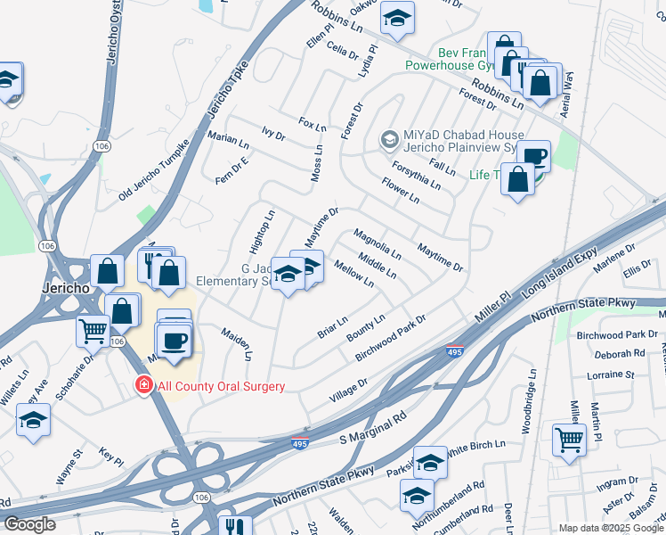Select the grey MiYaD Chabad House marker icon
pos(389,139)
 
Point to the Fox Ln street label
pos(313,125)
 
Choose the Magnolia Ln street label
pos(378,243)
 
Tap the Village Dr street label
pos(349,389)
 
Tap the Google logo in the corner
pos(29,524)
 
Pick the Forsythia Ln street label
pos(417,174)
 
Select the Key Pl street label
pos(110,458)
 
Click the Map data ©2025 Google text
pos(611,528)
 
